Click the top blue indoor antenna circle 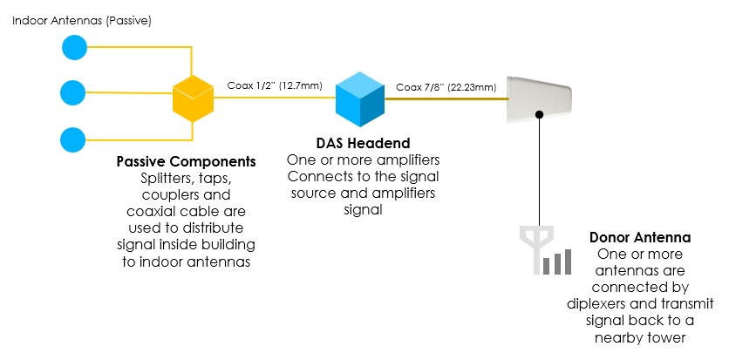click(75, 47)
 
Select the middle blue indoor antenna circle click(73, 92)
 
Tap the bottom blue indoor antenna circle click(73, 139)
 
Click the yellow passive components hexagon click(193, 98)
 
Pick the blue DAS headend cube click(360, 99)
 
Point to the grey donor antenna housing click(539, 99)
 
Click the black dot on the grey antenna click(539, 114)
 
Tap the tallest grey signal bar click(567, 262)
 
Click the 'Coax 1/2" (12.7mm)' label click(275, 85)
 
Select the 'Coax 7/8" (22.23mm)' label click(446, 87)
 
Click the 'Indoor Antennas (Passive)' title click(82, 21)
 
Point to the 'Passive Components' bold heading click(186, 161)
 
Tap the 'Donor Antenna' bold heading click(640, 237)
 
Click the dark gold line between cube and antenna click(446, 99)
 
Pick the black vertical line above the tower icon click(539, 172)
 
